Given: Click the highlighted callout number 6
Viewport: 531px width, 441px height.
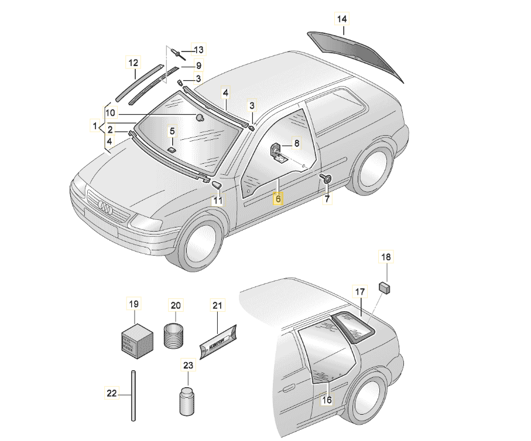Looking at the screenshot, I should (x=279, y=199).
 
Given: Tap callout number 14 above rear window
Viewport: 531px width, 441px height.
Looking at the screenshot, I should (x=342, y=19).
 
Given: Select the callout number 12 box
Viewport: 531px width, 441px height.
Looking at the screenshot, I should (x=133, y=63).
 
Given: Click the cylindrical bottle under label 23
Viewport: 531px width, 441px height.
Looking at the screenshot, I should (x=187, y=401).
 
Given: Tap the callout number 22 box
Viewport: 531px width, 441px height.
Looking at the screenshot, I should (x=111, y=393).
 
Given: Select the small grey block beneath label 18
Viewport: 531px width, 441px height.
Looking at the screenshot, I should (x=386, y=286).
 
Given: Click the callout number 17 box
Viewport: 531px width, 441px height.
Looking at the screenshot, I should (x=360, y=291).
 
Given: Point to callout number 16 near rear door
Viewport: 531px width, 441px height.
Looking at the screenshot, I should (x=327, y=400).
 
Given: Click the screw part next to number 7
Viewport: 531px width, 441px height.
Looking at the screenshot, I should (x=327, y=178).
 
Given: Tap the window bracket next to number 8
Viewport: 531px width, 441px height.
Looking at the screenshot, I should (x=277, y=152).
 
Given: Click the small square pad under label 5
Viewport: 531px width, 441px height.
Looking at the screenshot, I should (x=172, y=150).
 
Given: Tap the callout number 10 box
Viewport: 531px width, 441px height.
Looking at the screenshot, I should (x=111, y=112).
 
